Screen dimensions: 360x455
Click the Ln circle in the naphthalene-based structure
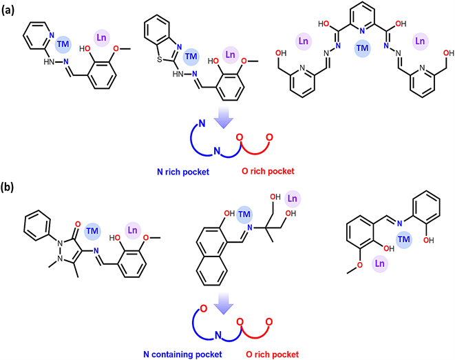[x=293, y=199]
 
